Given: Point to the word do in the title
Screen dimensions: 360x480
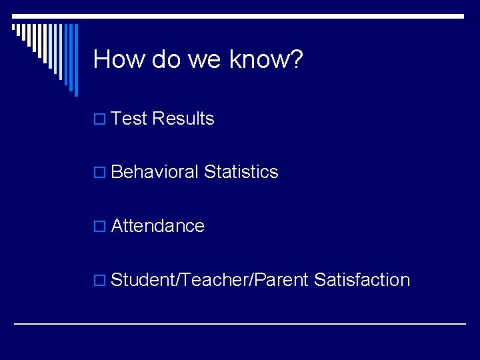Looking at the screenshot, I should [166, 59].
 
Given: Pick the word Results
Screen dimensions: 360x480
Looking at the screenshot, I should [183, 119].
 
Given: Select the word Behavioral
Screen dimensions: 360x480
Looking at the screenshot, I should [155, 172].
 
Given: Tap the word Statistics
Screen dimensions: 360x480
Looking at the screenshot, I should [241, 172].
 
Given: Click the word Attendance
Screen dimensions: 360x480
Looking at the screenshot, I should [157, 226].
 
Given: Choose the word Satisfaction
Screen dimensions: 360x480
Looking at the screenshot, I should [361, 279].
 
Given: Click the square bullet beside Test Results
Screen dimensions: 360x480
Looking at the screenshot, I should [99, 119].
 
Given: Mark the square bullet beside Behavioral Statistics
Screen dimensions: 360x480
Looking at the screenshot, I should [99, 173].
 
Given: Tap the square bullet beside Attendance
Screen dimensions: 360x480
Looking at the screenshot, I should [99, 227].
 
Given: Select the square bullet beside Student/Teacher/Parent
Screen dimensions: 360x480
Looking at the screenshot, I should [99, 280].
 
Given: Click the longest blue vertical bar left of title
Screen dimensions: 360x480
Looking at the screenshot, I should [75, 60].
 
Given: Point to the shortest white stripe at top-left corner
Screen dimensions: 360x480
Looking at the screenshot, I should [13, 28].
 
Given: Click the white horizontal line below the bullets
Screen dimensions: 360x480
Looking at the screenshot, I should [240, 323].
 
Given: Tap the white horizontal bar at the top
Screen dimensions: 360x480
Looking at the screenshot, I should [240, 16].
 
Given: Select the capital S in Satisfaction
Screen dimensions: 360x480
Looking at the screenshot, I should [319, 279].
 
